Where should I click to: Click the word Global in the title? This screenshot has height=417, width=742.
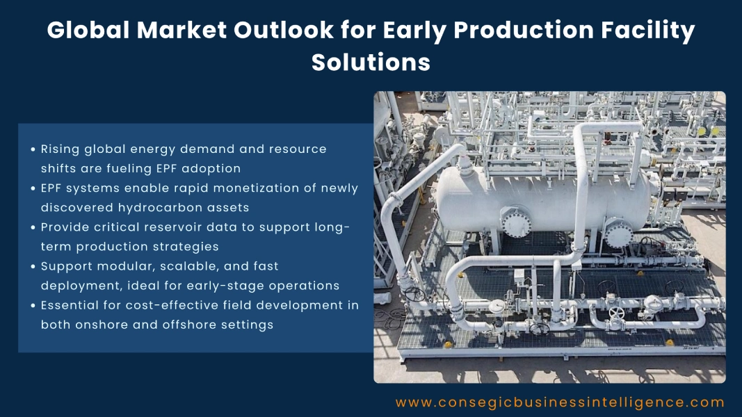87,31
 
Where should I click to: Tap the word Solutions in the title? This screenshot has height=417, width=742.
371,62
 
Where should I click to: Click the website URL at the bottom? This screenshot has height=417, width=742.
560,402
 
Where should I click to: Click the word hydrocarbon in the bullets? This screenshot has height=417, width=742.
172,207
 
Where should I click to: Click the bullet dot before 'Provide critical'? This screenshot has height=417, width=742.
33,227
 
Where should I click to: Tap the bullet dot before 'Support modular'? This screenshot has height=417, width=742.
33,266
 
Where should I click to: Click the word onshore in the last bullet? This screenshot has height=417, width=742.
101,325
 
